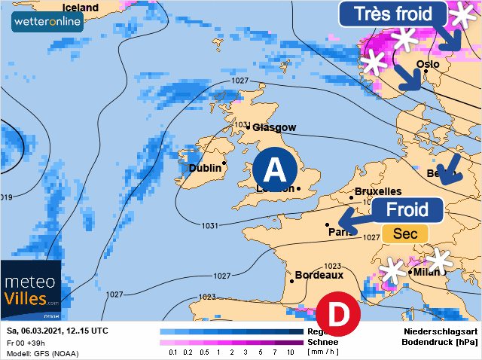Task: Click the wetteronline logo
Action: pos(47,21)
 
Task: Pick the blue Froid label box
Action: pos(407,209)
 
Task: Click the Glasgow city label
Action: pos(274,127)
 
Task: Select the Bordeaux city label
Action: pos(319,276)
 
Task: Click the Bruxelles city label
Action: pos(378,192)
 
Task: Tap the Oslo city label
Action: pos(428,64)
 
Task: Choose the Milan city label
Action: pos(426,272)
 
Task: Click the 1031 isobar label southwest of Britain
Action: pos(209,225)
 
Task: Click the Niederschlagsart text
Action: pos(439,331)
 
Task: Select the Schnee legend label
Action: pos(322,342)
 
